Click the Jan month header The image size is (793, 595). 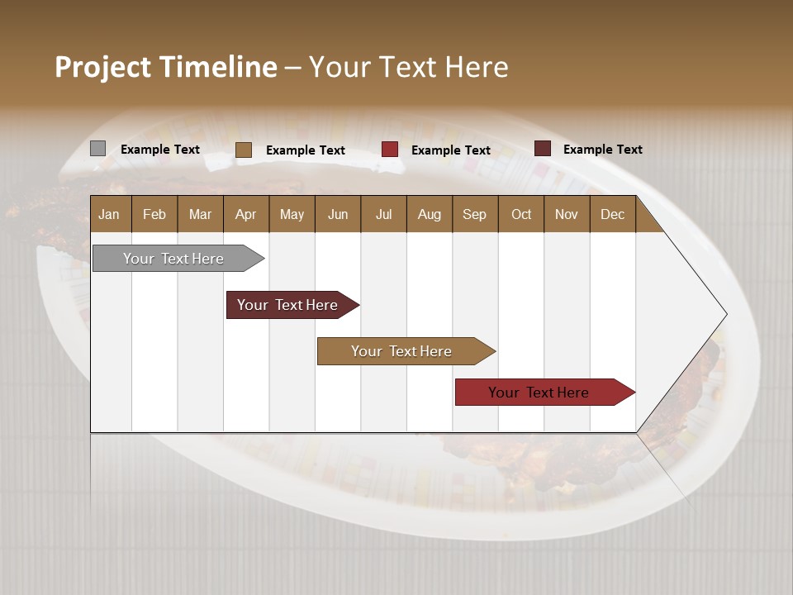pos(110,214)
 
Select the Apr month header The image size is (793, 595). pos(246,214)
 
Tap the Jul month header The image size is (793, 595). pos(383,214)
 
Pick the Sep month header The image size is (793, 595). pos(474,214)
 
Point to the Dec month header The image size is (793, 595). pos(612,214)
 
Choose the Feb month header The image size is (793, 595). pos(154,214)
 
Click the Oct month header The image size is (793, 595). pos(521,214)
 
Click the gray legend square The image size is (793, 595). pos(97,149)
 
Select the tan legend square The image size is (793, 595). pos(244,150)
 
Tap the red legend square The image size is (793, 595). pos(390,150)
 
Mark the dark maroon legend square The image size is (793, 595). pos(543,149)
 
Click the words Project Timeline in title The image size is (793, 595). pos(166,67)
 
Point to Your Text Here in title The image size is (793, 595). pos(408,67)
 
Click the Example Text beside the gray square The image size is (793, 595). pos(160,150)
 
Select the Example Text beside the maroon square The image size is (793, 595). pos(603,150)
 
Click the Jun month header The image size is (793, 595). pos(338,214)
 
